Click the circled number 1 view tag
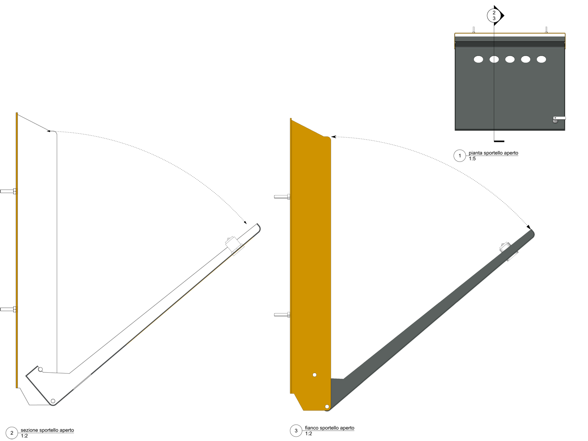pos(459,156)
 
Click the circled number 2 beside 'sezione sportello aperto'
pos(12,433)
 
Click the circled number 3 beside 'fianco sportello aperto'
pos(296,430)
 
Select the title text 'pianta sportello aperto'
pos(493,153)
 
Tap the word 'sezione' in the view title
pos(29,430)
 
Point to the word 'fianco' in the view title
pos(312,428)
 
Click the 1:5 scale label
pos(472,159)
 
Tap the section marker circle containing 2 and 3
pos(494,16)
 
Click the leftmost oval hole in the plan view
pos(478,59)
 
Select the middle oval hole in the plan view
pos(510,59)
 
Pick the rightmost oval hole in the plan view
pos(541,59)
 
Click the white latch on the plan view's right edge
pos(559,118)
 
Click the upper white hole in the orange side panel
pos(314,375)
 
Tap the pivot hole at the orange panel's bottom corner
pos(327,407)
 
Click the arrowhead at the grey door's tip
pos(529,227)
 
